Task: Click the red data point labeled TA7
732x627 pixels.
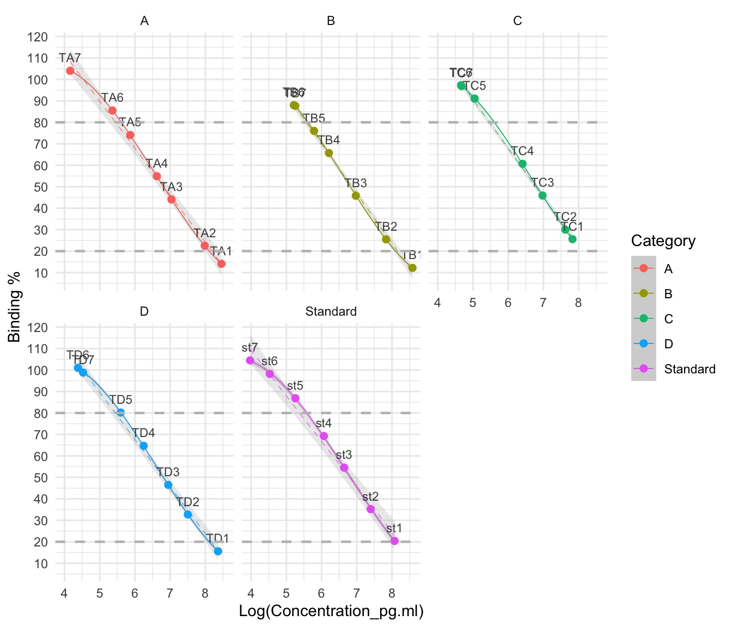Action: [x=70, y=71]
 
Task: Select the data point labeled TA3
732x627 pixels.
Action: [x=172, y=199]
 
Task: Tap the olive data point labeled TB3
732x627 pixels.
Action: [x=356, y=195]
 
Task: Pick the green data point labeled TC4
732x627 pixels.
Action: [x=522, y=164]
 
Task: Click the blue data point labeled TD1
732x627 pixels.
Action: [x=218, y=551]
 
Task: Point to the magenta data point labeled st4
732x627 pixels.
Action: [x=324, y=436]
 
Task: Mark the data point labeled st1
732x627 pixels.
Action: [x=394, y=541]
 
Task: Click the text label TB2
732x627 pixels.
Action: [x=386, y=227]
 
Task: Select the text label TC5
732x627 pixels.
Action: [x=474, y=85]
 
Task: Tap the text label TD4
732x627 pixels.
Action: [x=144, y=433]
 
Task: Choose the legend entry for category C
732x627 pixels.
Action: [x=669, y=319]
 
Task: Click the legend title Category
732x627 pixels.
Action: [x=663, y=241]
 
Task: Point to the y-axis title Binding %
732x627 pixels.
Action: [x=15, y=308]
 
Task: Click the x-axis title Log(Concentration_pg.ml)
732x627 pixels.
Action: [x=331, y=611]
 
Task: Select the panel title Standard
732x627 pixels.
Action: [x=331, y=311]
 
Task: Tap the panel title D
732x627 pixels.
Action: [x=144, y=311]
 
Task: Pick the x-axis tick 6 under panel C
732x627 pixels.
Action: [x=508, y=302]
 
